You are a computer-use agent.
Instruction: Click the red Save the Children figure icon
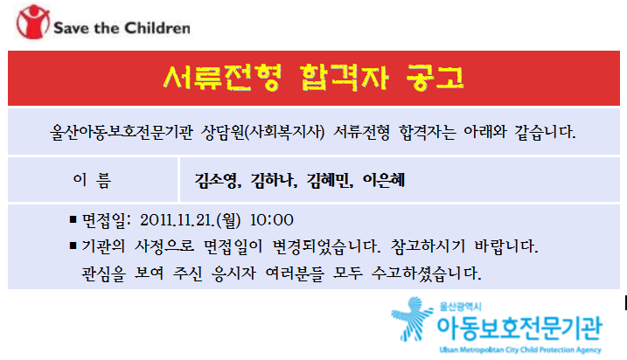tap(32, 22)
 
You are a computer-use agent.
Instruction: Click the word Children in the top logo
tap(157, 28)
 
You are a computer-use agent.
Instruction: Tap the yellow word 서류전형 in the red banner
tap(222, 77)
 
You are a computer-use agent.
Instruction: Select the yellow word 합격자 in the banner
tap(344, 77)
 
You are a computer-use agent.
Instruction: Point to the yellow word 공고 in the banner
tap(435, 77)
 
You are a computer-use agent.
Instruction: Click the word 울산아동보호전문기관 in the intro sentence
tap(122, 132)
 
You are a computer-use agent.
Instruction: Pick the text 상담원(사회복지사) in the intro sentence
tap(262, 132)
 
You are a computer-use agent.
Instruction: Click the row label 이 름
tap(92, 180)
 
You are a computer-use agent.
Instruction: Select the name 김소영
tap(216, 180)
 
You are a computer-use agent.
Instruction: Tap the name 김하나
tap(272, 180)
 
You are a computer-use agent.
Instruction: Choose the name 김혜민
tap(328, 180)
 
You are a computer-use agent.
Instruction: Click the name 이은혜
tap(384, 180)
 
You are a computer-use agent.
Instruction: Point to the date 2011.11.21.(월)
tap(191, 220)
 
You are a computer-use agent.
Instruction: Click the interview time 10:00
tap(272, 220)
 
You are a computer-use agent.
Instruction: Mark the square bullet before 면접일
tap(73, 219)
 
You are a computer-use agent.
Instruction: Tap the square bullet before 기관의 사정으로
tap(73, 246)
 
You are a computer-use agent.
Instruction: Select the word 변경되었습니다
tap(326, 246)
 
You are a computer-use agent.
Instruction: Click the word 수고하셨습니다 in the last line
tap(426, 273)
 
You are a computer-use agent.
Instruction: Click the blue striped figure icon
tap(412, 319)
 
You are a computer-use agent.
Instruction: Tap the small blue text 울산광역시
tap(460, 307)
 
